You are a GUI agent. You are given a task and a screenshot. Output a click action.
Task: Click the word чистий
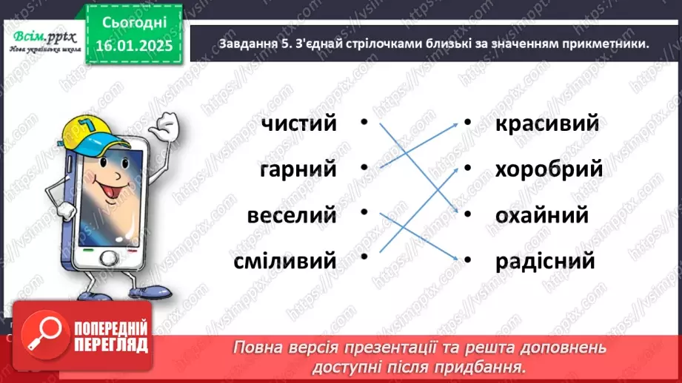tap(298, 123)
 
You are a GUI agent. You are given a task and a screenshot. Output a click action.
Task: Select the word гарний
tap(298, 169)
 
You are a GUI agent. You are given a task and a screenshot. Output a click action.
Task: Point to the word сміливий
tap(285, 260)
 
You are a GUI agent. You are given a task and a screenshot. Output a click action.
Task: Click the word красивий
tap(546, 123)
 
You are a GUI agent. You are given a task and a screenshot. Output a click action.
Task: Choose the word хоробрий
tap(549, 169)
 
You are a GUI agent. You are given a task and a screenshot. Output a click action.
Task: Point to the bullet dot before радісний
tap(467, 260)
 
